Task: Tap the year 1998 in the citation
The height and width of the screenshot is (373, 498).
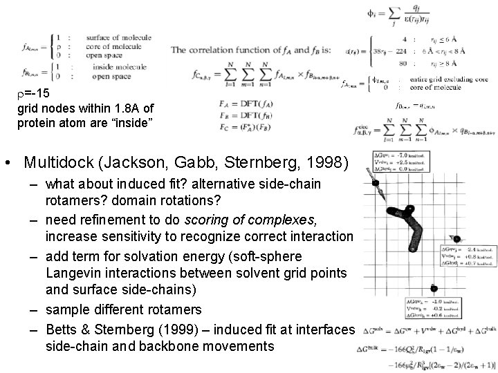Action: coord(331,163)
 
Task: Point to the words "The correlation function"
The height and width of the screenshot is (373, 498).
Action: coord(221,50)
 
